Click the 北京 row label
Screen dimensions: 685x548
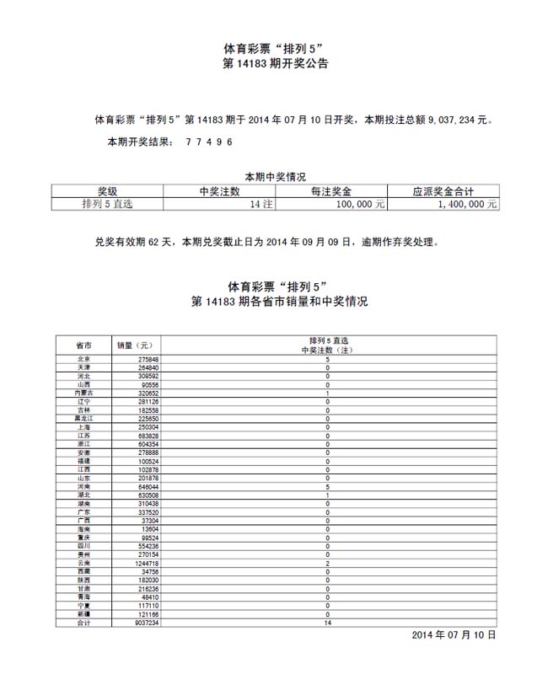point(83,360)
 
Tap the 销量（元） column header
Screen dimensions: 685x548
point(135,345)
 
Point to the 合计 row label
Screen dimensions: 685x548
point(83,623)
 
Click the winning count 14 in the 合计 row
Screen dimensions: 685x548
point(328,623)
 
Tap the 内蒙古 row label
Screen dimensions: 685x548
point(83,393)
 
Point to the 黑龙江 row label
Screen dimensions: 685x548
point(83,418)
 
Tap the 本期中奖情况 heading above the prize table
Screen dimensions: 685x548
point(275,177)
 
